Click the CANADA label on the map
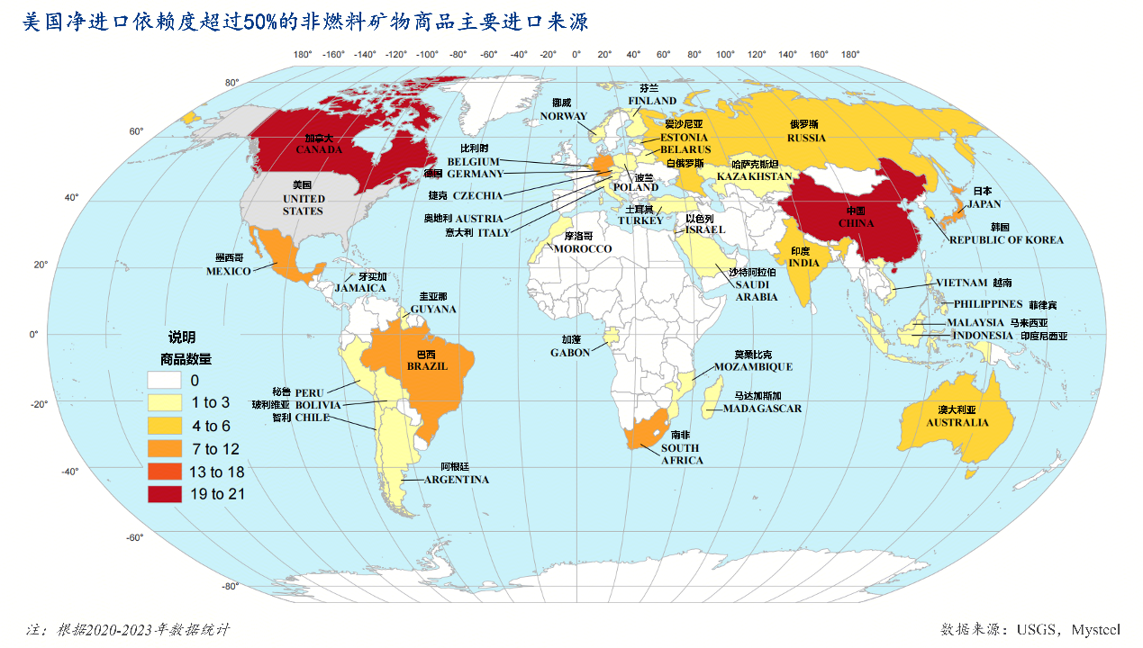[x=319, y=149]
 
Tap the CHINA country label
[x=856, y=223]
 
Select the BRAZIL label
[x=427, y=366]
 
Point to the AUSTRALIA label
[x=957, y=423]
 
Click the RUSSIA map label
[x=806, y=138]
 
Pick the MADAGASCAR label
[x=762, y=409]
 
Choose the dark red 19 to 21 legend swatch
[x=166, y=493]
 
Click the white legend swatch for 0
[x=166, y=380]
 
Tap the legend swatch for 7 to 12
[x=166, y=448]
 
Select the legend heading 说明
[x=181, y=338]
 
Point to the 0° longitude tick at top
[x=576, y=54]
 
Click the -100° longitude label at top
[x=427, y=54]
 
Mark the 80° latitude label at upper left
[x=231, y=83]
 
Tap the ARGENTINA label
[x=457, y=480]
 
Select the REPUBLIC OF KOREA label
[x=1006, y=240]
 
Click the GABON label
[x=570, y=353]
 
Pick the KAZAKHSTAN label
[x=754, y=176]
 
